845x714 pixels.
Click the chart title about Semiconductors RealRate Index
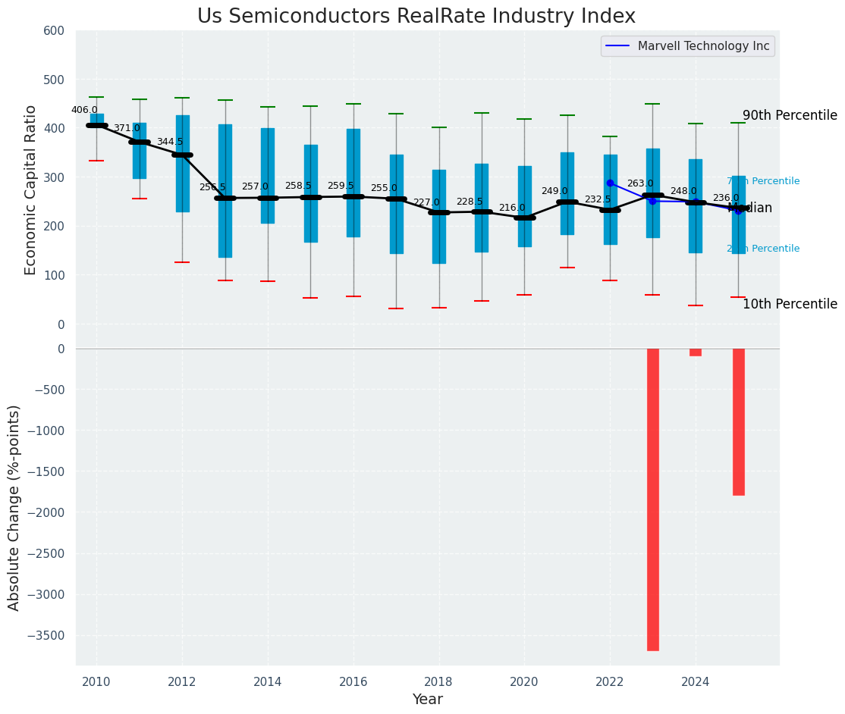tap(416, 17)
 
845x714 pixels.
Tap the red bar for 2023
tap(653, 499)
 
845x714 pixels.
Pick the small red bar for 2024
tap(696, 352)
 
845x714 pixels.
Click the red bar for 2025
tap(739, 421)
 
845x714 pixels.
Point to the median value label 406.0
tap(84, 110)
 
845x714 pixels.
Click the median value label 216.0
tap(512, 208)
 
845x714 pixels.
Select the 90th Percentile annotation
tap(790, 116)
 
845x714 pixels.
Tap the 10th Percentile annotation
tap(790, 304)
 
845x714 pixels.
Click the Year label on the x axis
tap(428, 700)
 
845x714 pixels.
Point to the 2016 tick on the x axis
tap(353, 681)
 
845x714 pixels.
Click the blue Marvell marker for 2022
tap(610, 183)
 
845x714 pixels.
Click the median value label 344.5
tap(170, 142)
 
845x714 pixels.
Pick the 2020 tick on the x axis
tap(524, 681)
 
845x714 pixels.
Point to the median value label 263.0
tap(640, 183)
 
